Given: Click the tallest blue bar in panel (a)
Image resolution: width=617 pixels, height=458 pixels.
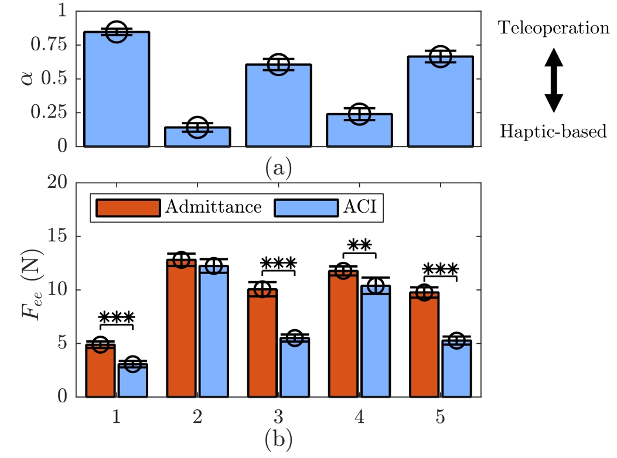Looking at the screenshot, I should pos(117,88).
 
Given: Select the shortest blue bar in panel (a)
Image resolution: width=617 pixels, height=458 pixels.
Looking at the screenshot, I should pos(197,136).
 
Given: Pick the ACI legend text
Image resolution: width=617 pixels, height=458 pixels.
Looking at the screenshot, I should pos(364,207).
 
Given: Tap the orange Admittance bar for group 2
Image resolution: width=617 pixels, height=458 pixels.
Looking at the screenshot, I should pos(181,328).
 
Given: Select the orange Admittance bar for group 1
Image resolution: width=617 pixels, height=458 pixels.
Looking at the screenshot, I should pos(101,371).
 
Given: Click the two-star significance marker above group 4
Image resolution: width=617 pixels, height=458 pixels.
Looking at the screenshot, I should pos(359,246).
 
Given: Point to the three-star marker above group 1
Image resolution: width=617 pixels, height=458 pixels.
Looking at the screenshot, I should pos(117,318).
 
